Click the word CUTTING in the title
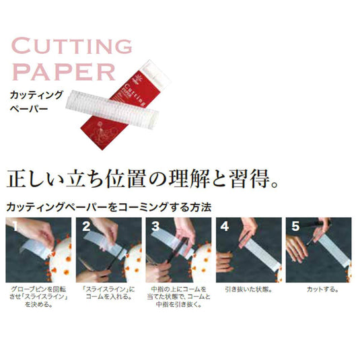[x=73, y=47]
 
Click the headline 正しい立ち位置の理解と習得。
[x=141, y=179]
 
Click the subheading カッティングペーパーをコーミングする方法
[x=108, y=207]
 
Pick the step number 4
[x=223, y=225]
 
